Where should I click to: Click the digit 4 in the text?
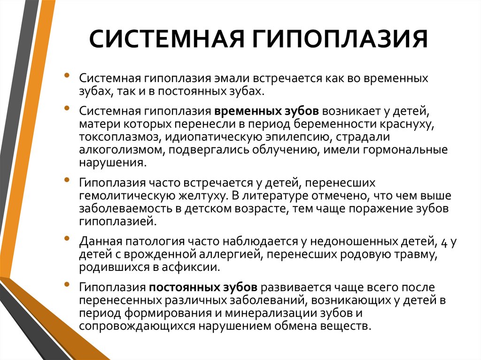pos(442,242)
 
